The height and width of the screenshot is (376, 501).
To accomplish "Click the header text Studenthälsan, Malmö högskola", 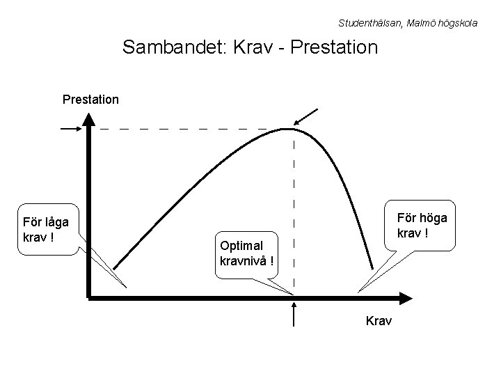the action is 408,23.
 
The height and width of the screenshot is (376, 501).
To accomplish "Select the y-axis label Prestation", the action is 90,99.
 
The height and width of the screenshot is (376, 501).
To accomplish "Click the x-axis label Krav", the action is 379,320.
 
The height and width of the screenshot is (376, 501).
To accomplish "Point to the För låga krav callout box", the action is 47,230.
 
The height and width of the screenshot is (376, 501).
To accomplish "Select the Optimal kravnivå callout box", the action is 247,254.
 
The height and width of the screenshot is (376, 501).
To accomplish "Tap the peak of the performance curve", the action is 288,129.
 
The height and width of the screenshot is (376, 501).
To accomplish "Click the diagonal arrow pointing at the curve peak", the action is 307,118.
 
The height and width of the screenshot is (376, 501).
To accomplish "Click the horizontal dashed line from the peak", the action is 188,129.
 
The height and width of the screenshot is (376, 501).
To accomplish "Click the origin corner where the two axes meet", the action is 90,297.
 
